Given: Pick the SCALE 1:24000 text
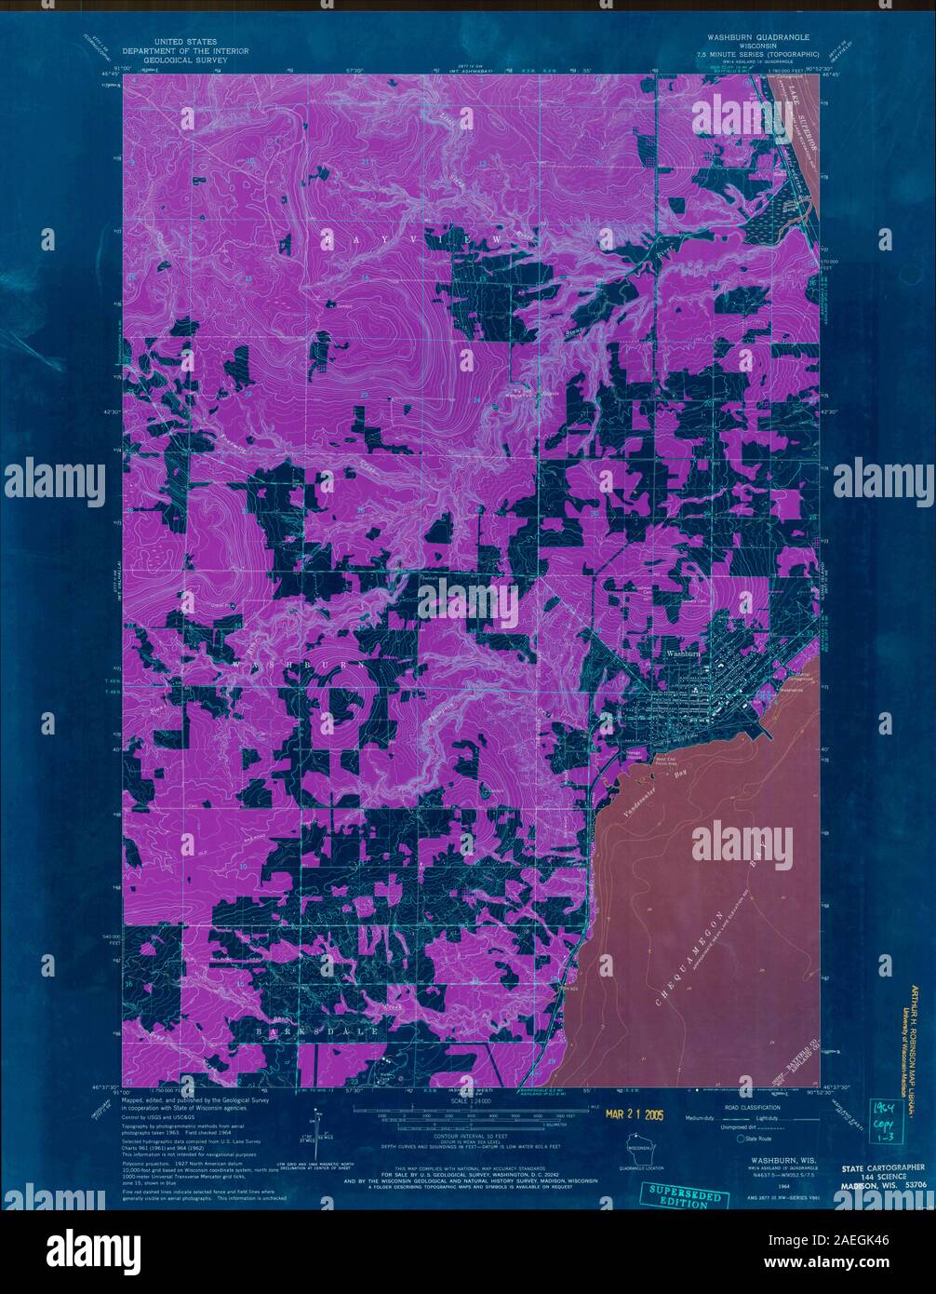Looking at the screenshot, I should tap(468, 1101).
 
